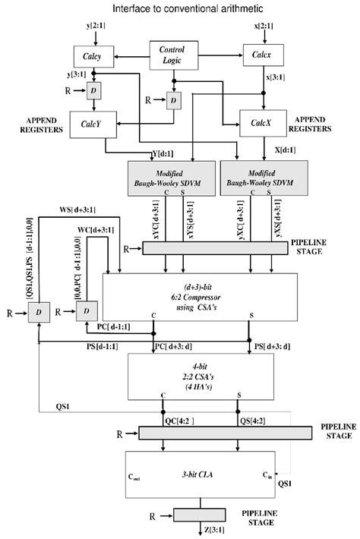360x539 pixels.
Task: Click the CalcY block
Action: (92, 124)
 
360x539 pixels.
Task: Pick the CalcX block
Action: (261, 121)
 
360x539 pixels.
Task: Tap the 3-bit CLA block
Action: (201, 477)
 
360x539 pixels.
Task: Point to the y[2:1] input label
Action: (97, 29)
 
